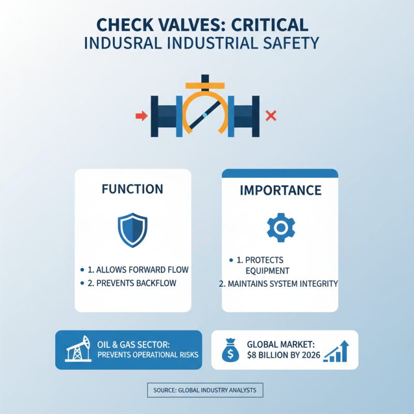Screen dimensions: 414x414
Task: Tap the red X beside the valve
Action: click(270, 116)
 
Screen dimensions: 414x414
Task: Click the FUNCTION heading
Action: click(132, 189)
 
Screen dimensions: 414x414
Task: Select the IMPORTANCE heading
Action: click(280, 190)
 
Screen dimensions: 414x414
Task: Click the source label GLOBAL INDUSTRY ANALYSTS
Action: click(205, 390)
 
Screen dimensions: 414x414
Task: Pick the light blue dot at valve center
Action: click(205, 115)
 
